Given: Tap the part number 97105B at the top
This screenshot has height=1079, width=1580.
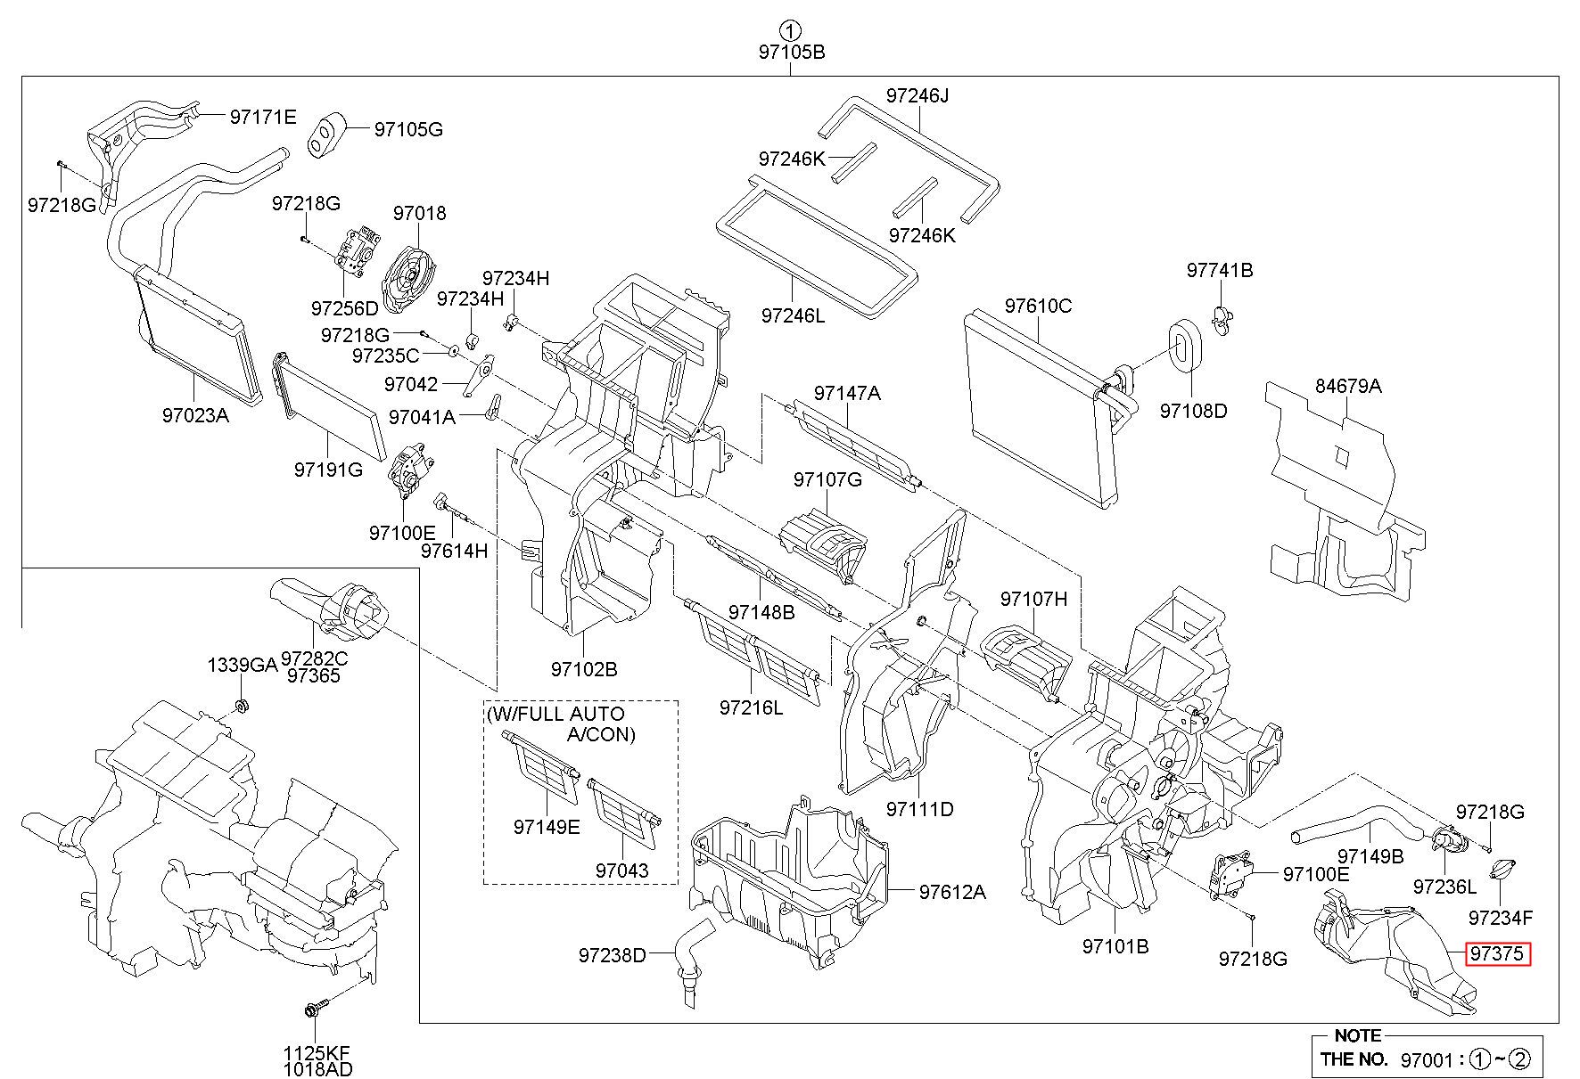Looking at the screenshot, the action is click(792, 52).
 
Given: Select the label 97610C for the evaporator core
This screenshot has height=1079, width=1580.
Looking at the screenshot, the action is click(1038, 306).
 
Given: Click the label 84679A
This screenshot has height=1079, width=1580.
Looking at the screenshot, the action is click(1348, 386).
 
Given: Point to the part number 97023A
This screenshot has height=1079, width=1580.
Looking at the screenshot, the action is click(195, 414).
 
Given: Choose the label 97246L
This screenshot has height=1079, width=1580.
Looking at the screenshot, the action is click(793, 315).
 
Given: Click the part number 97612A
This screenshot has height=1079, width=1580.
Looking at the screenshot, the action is click(952, 891).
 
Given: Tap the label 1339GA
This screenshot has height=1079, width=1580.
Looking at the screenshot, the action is click(243, 665).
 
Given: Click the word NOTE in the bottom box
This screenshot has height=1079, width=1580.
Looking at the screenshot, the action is click(1357, 1035).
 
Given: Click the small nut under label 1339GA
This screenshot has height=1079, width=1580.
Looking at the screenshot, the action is click(240, 707).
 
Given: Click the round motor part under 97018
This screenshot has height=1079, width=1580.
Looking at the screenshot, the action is click(410, 274).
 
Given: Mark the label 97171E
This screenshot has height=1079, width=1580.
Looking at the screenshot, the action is click(262, 117).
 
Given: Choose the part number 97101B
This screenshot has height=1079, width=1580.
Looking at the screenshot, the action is click(1115, 945).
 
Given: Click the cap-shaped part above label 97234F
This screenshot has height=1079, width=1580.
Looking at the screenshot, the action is click(1500, 869).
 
